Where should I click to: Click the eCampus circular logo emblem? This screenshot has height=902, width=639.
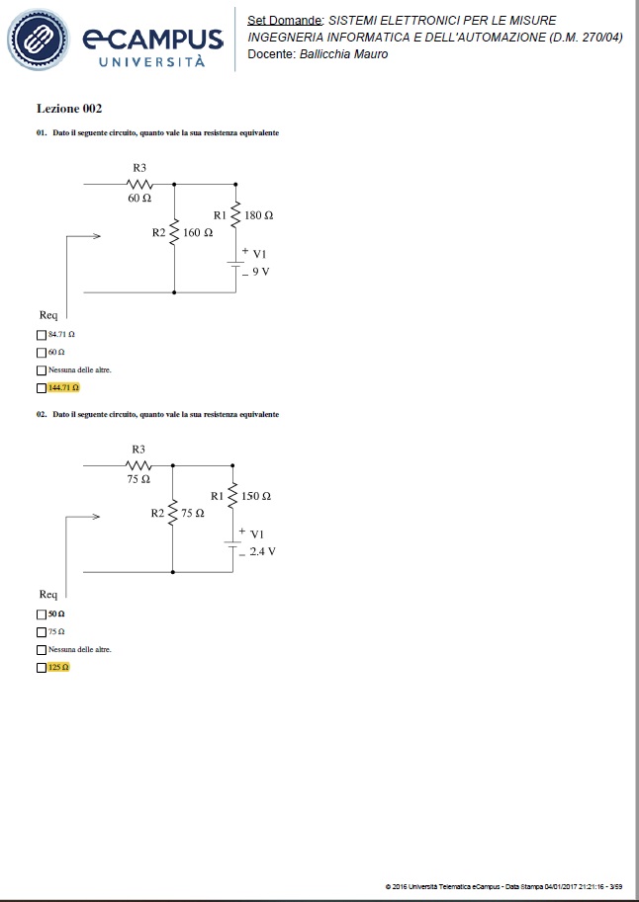click(38, 40)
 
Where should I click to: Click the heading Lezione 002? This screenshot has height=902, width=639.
click(69, 108)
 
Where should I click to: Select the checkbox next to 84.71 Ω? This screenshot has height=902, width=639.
click(41, 335)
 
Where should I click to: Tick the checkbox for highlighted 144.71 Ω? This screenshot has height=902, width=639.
click(41, 388)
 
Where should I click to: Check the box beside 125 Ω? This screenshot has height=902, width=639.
click(41, 668)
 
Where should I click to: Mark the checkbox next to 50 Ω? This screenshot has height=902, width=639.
click(41, 615)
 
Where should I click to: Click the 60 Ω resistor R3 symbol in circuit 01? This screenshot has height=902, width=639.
click(139, 185)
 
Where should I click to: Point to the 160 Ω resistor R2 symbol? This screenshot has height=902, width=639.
click(174, 232)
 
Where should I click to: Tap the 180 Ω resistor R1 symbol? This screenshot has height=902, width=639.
click(235, 214)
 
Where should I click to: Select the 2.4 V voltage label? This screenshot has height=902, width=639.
click(263, 551)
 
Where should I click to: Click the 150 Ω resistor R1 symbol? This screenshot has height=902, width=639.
click(232, 495)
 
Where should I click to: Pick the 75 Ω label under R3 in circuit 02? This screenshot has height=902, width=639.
click(138, 479)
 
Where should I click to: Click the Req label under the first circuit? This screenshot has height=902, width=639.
click(48, 315)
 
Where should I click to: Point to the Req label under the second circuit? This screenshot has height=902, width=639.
click(48, 594)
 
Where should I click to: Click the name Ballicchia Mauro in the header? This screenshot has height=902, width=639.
click(344, 54)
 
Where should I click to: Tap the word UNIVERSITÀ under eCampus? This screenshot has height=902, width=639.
click(151, 61)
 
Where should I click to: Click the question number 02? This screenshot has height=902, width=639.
click(41, 414)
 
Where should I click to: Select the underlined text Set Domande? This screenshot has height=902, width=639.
click(285, 21)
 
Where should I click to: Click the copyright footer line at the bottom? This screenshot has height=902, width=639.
click(504, 886)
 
